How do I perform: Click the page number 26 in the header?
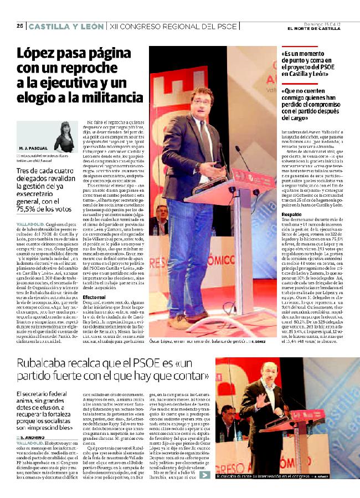click(19, 26)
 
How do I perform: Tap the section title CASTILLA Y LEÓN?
click(66, 26)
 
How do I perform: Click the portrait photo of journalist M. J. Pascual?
click(65, 136)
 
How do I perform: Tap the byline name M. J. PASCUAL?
click(33, 149)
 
